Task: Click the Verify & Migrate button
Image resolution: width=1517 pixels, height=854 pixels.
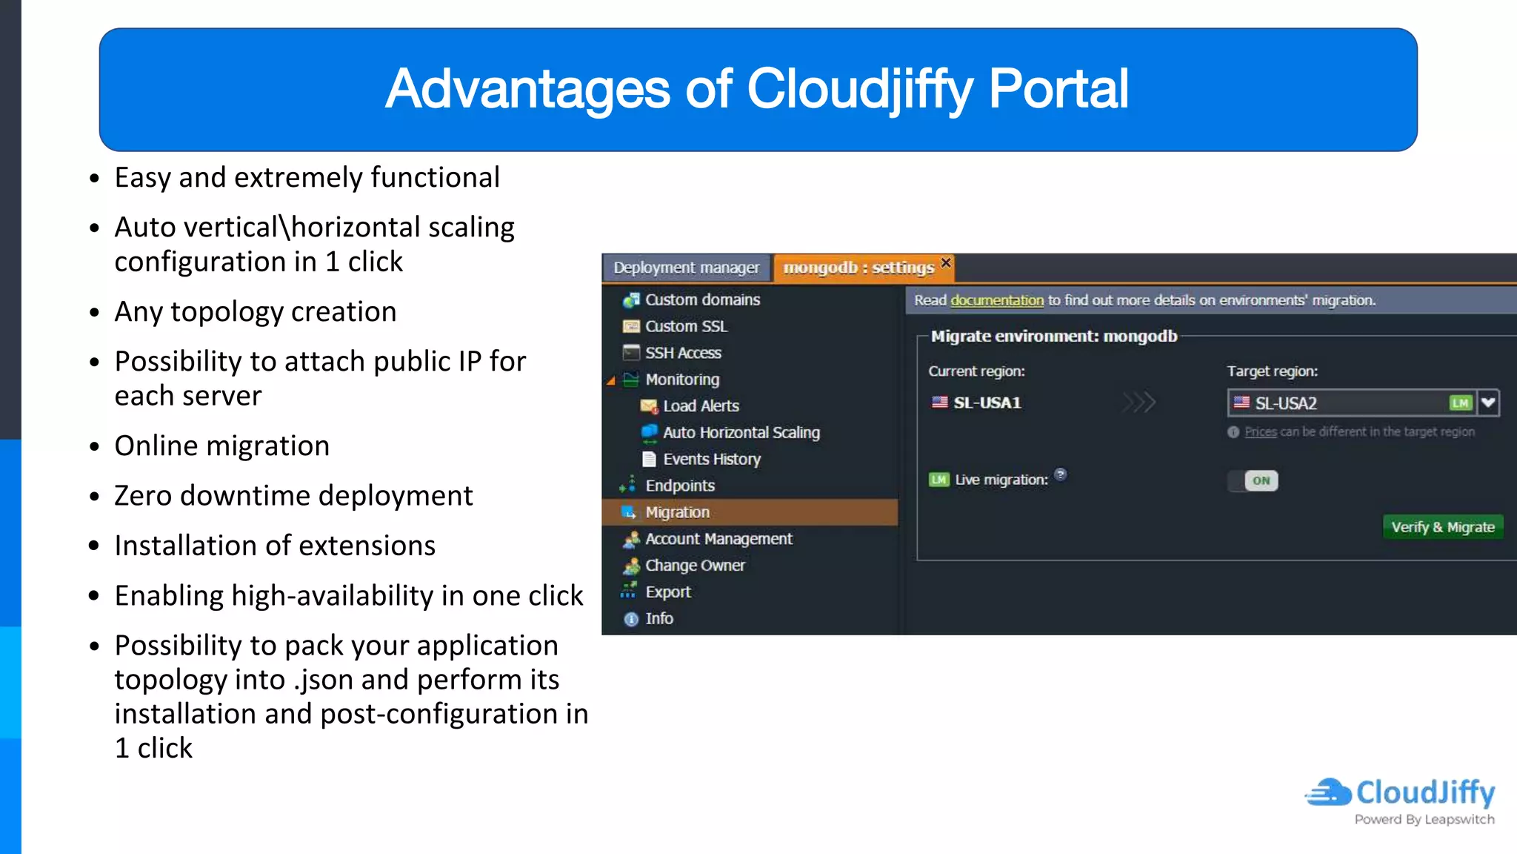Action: coord(1442,527)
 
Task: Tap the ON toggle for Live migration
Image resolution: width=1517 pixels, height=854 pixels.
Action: coord(1260,480)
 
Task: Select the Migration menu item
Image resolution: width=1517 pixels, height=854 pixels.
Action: coord(677,512)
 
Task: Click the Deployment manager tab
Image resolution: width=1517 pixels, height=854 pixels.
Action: coord(686,268)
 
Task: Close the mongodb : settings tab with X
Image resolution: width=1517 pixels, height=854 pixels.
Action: coord(946,262)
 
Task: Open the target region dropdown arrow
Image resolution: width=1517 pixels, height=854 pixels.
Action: coord(1488,403)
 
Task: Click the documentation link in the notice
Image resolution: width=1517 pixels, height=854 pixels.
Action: coord(996,300)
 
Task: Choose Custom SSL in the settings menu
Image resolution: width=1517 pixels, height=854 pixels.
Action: coord(686,326)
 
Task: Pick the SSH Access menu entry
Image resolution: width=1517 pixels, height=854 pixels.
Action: coord(682,353)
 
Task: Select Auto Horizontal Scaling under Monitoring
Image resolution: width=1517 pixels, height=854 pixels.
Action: coord(741,432)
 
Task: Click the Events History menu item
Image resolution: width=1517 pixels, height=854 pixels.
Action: coord(711,459)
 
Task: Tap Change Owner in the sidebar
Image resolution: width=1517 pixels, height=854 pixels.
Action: coord(694,565)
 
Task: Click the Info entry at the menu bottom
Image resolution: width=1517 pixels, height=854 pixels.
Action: coord(659,618)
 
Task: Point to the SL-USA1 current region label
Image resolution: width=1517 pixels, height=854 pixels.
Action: coord(987,403)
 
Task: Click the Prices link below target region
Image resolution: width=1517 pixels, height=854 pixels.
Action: coord(1260,431)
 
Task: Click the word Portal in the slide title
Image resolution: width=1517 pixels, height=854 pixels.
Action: coord(1058,89)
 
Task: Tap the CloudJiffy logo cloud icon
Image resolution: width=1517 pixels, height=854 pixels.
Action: coord(1328,792)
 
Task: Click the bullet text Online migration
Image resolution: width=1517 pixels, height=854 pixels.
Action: coord(221,446)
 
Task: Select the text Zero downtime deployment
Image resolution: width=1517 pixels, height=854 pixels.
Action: coord(293,495)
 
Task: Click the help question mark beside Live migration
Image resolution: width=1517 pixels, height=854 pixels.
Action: coord(1060,474)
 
